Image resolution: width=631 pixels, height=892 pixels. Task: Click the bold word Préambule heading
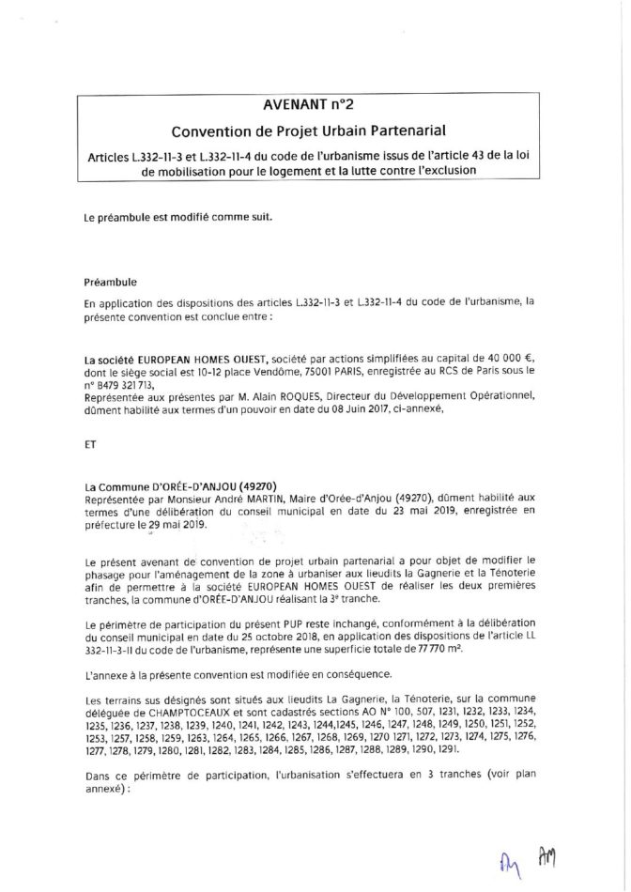click(x=111, y=280)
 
